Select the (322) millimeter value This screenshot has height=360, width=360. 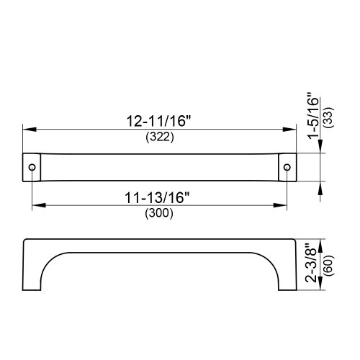(x=159, y=138)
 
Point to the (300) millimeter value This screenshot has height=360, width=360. (x=159, y=212)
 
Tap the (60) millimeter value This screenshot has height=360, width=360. (x=328, y=266)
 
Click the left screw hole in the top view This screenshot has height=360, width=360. (x=32, y=167)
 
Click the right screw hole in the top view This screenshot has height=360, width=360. (x=287, y=167)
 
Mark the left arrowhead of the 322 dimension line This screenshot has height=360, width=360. (x=27, y=130)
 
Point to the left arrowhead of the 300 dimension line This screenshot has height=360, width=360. (x=36, y=205)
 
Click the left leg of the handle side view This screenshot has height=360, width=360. (x=32, y=274)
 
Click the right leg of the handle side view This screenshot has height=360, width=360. (x=286, y=274)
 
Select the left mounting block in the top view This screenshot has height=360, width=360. (x=32, y=167)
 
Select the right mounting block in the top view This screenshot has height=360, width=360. (x=287, y=167)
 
